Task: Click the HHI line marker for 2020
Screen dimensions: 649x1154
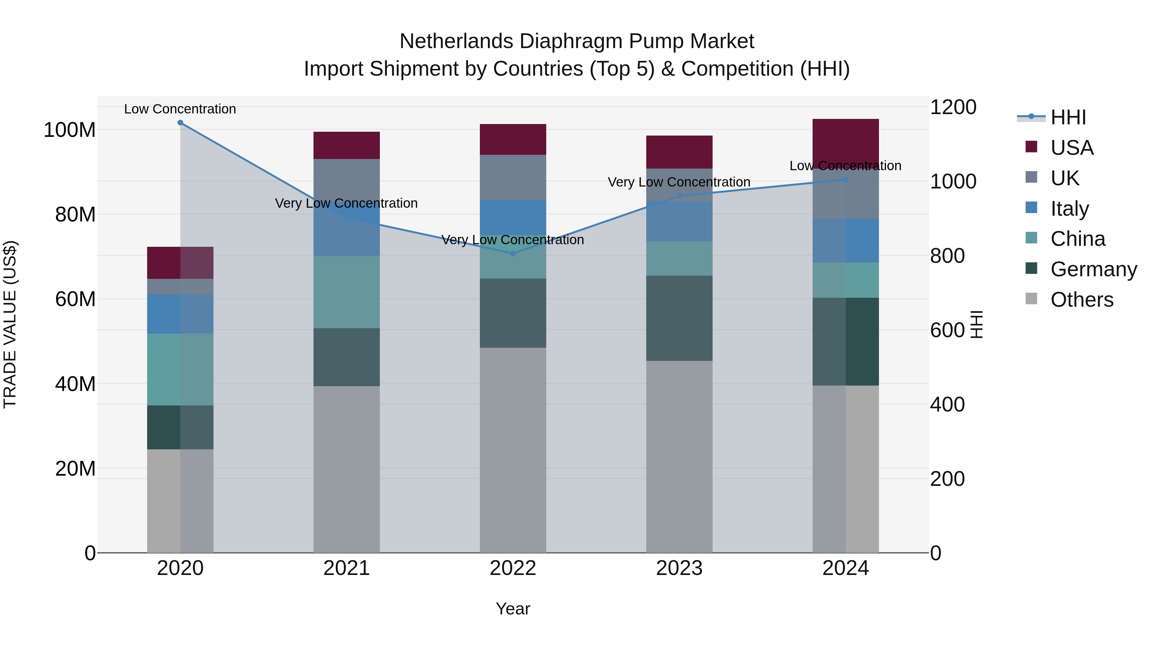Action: point(180,123)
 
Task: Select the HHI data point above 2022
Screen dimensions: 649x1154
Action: point(513,254)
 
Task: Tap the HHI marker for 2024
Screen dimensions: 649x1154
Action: point(845,179)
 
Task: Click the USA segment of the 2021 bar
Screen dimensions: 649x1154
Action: point(346,146)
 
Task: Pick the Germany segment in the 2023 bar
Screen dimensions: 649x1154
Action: point(679,318)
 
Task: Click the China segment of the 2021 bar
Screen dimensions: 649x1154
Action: point(346,292)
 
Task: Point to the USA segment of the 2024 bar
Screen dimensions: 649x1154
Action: point(845,139)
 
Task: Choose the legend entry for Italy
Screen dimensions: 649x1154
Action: point(1069,209)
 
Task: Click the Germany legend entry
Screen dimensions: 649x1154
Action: point(1093,270)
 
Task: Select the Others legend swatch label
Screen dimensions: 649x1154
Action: point(1082,300)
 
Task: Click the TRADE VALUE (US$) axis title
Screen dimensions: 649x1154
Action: point(10,324)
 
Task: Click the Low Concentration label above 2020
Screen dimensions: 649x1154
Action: point(180,109)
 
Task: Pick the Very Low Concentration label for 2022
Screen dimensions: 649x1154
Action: point(513,240)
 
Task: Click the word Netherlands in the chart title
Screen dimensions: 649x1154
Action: point(456,42)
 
